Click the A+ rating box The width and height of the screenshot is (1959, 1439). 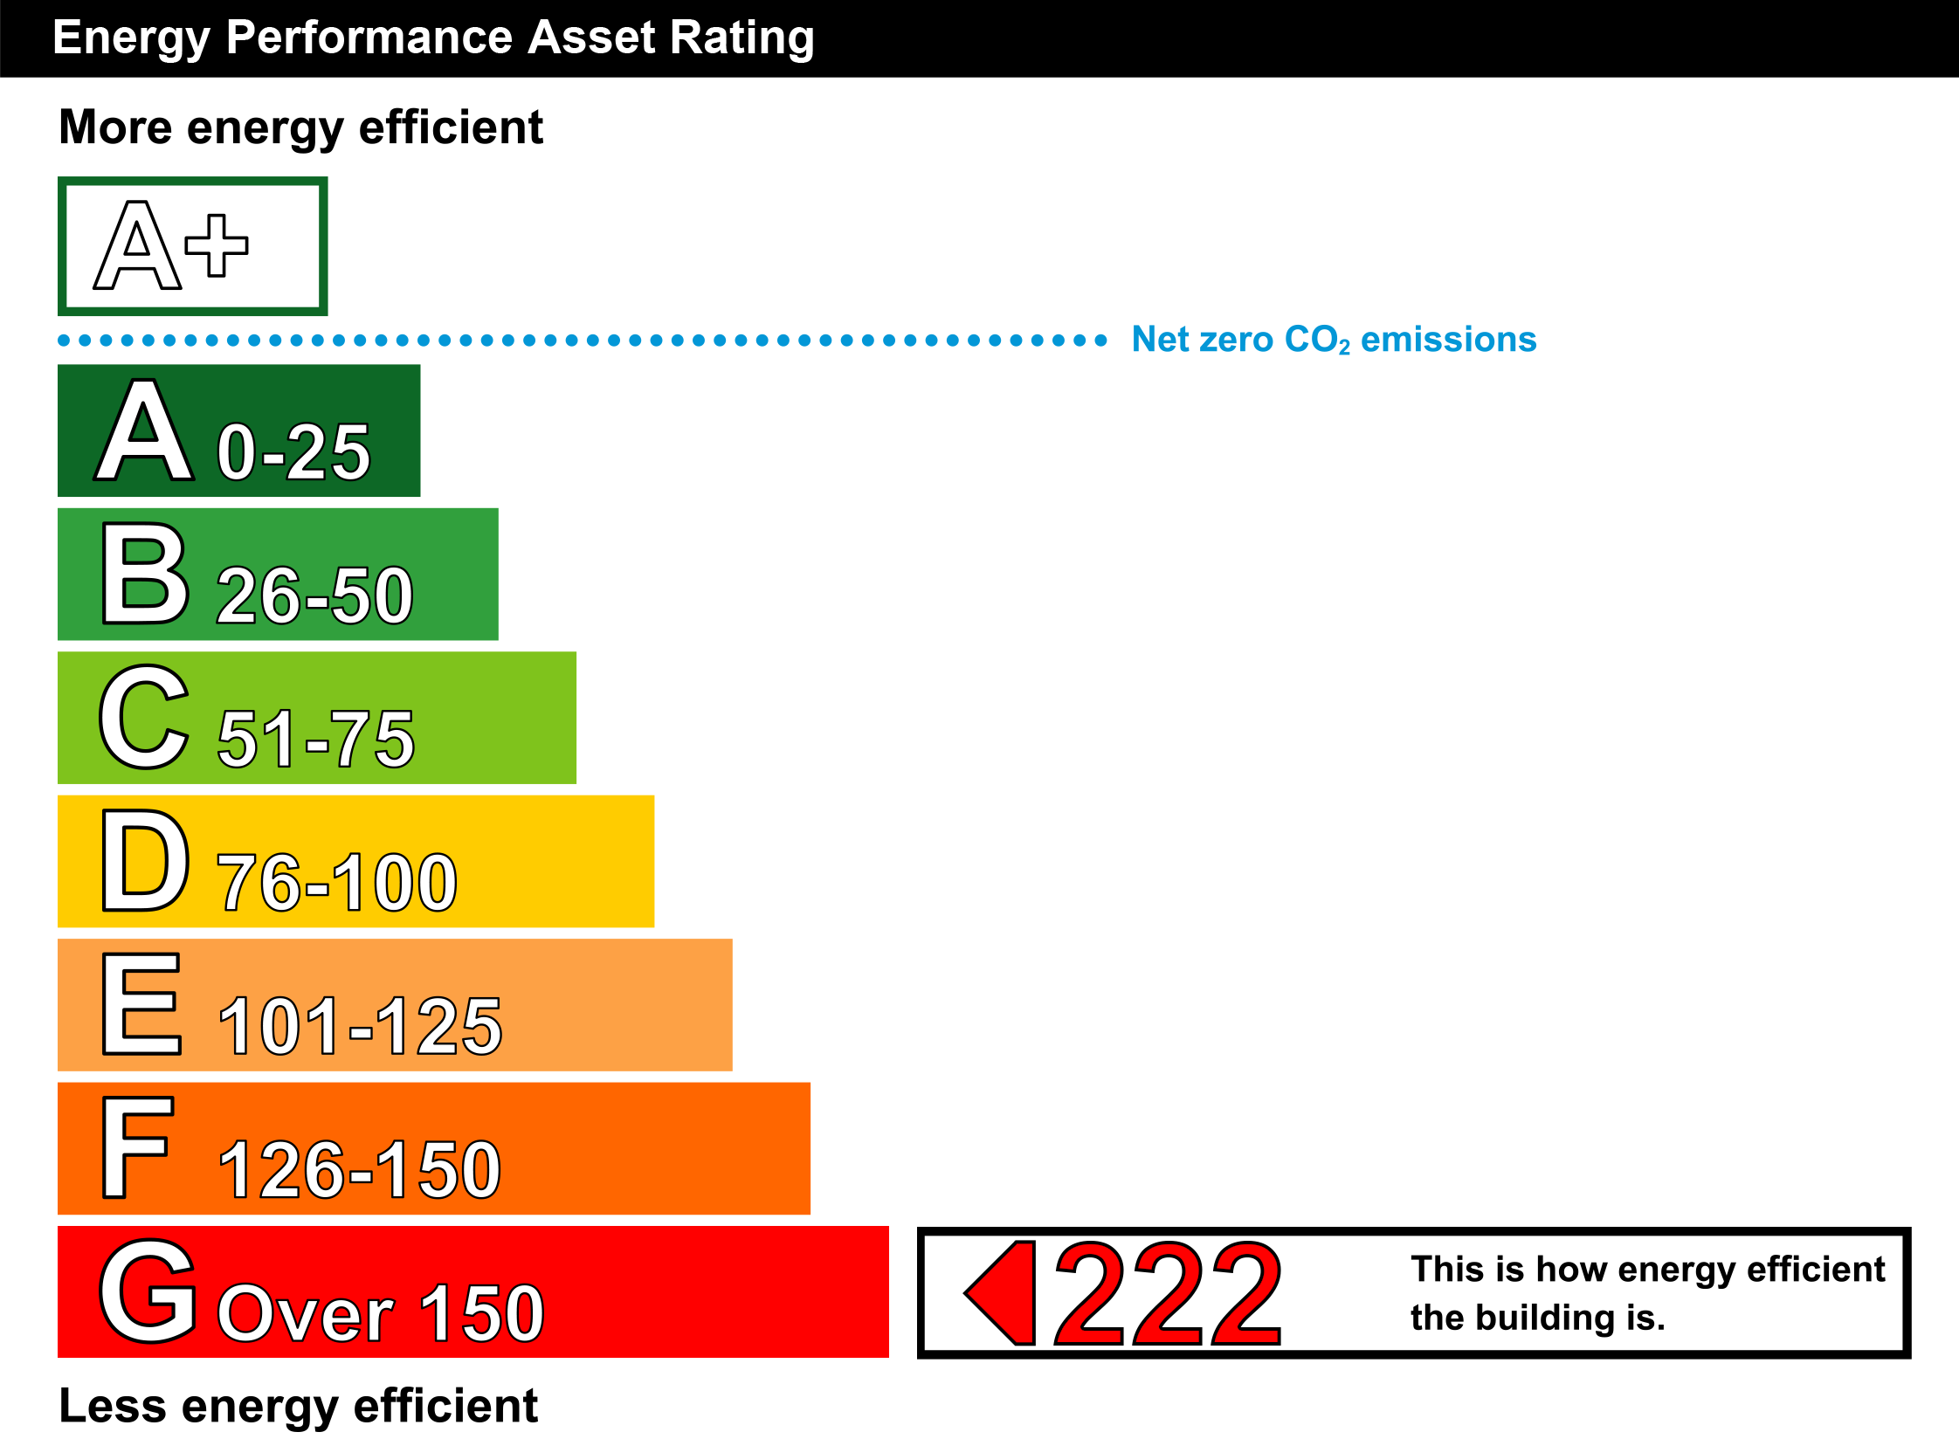[193, 246]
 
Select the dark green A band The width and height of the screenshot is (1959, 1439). [239, 430]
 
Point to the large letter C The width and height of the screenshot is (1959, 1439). [144, 717]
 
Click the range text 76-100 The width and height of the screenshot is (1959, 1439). [337, 882]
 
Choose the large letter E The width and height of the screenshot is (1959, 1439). [142, 1003]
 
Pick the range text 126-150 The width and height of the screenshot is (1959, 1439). [359, 1169]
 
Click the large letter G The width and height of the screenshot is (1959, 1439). [148, 1291]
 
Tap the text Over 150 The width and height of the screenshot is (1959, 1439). [381, 1312]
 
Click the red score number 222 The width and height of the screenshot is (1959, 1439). [1169, 1293]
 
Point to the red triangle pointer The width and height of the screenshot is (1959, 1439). [1000, 1293]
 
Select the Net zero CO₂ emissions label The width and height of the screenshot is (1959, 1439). [1334, 340]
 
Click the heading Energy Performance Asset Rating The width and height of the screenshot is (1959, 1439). [433, 38]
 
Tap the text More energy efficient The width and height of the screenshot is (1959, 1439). [301, 128]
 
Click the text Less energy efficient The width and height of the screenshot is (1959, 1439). [299, 1407]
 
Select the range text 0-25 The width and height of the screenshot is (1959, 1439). [293, 451]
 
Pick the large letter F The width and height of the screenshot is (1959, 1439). [138, 1147]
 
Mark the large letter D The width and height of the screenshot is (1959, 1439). [145, 860]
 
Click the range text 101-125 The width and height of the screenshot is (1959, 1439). [360, 1025]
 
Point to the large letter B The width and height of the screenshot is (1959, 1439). [145, 573]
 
